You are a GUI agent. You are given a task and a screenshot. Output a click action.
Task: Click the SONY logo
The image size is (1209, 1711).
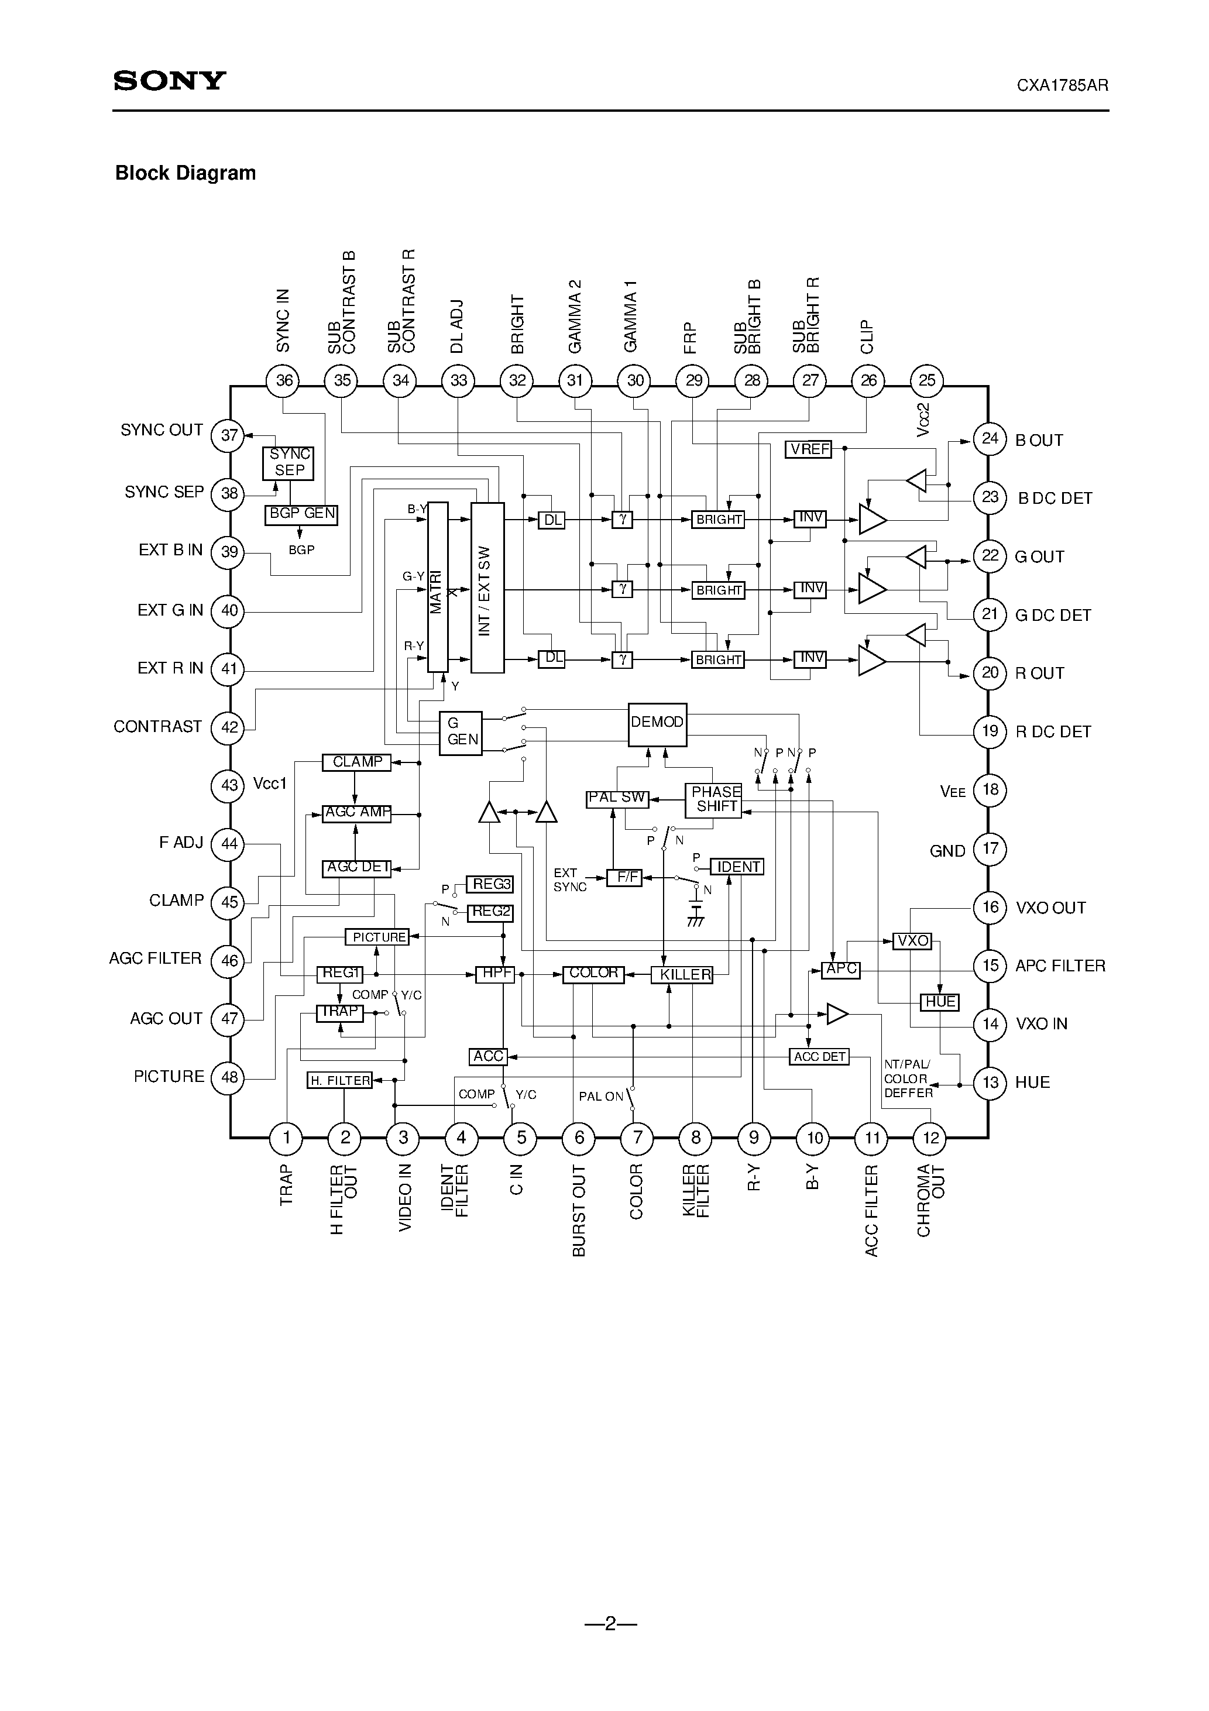(169, 81)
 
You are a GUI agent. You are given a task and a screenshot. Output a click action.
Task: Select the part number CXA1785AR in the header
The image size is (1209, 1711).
(1062, 85)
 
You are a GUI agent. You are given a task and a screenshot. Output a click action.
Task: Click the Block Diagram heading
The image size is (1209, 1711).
(185, 173)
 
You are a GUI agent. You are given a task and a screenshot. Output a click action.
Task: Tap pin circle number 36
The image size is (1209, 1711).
(283, 381)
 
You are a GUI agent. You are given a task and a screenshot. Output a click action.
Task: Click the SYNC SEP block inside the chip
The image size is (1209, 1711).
(289, 463)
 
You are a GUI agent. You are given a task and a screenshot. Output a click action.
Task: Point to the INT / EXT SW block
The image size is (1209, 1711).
(487, 587)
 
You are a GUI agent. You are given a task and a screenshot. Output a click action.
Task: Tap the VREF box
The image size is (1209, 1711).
(809, 449)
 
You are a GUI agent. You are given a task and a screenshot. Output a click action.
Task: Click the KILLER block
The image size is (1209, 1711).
(682, 975)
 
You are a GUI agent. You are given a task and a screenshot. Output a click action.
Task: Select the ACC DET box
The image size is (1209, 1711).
(819, 1057)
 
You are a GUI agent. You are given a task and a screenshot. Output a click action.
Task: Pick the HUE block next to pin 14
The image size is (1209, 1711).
(940, 1002)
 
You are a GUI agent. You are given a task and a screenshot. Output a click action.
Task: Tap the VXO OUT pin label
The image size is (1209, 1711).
(1050, 908)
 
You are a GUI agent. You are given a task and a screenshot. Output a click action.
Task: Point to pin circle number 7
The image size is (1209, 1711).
(637, 1137)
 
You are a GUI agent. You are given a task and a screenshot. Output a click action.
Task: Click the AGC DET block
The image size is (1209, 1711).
(357, 867)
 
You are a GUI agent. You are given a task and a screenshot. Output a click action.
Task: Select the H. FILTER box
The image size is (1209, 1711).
(340, 1081)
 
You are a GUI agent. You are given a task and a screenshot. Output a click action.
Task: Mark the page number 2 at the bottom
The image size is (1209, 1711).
(610, 1624)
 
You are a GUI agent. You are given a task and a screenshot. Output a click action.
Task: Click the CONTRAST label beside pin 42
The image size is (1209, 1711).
(157, 727)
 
